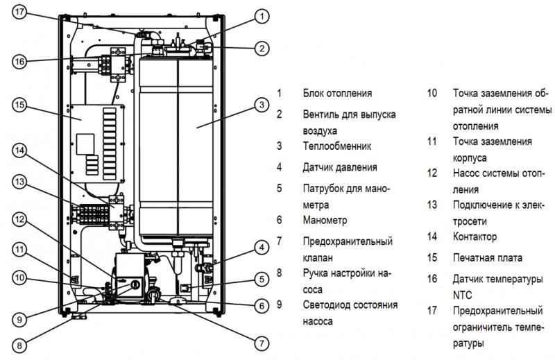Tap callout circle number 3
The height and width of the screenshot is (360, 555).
point(260,105)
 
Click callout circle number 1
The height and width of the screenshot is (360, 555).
point(260,15)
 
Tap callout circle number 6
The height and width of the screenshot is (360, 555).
point(260,305)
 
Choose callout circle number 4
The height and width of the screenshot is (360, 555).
point(260,247)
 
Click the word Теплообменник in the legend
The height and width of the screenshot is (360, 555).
point(337,146)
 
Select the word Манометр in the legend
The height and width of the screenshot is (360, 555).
point(325,220)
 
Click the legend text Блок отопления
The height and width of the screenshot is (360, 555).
point(337,93)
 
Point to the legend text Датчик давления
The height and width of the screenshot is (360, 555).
point(340,167)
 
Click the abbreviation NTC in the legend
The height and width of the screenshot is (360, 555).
point(462,293)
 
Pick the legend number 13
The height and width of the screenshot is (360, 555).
point(432,205)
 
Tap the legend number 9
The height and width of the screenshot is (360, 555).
point(279,305)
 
